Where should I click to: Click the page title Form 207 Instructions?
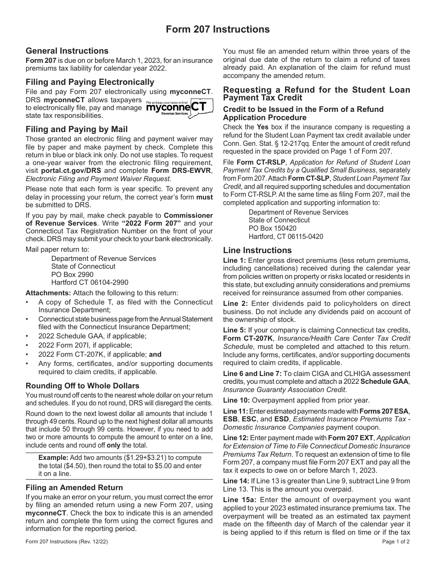[218, 29]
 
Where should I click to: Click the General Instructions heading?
[67, 51]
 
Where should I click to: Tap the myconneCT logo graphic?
[179, 107]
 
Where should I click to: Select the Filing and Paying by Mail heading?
[77, 129]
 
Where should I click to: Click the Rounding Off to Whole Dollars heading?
[83, 386]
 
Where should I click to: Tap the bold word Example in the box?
[53, 458]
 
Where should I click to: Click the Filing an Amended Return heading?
[74, 487]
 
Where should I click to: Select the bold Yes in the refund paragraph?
[263, 127]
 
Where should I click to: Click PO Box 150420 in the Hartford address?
[273, 228]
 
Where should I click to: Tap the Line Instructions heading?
[257, 250]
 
